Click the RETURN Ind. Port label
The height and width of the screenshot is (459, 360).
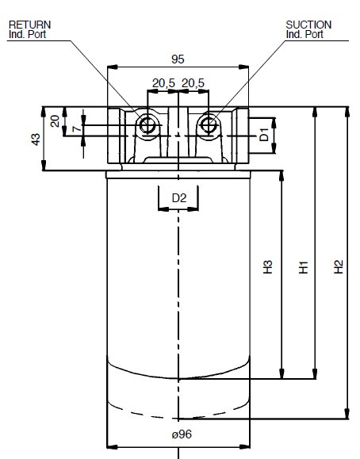pyautogui.click(x=29, y=29)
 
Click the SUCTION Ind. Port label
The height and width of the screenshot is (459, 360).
pyautogui.click(x=308, y=29)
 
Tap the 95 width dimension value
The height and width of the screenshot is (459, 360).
pyautogui.click(x=178, y=59)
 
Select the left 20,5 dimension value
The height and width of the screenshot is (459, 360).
pyautogui.click(x=163, y=83)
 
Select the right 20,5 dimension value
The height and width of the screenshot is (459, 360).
pyautogui.click(x=193, y=83)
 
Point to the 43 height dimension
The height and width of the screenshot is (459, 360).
pyautogui.click(x=36, y=139)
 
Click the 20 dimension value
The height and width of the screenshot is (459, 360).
pyautogui.click(x=55, y=121)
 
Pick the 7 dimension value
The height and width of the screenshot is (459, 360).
pyautogui.click(x=76, y=128)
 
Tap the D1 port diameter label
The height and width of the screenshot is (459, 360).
pyautogui.click(x=264, y=134)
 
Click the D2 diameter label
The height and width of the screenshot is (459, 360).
pyautogui.click(x=179, y=198)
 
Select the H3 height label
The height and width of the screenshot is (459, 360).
pyautogui.click(x=267, y=266)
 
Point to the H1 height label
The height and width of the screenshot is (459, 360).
pyautogui.click(x=303, y=266)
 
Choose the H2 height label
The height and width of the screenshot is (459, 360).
pyautogui.click(x=339, y=266)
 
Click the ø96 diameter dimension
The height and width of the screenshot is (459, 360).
pyautogui.click(x=182, y=434)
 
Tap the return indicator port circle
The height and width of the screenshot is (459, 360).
pyautogui.click(x=147, y=125)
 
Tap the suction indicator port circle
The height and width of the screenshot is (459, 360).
pyautogui.click(x=209, y=125)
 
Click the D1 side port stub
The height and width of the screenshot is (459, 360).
pyautogui.click(x=262, y=136)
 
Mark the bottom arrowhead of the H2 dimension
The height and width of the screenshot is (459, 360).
pyautogui.click(x=347, y=414)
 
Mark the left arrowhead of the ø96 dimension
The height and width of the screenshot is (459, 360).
pyautogui.click(x=112, y=446)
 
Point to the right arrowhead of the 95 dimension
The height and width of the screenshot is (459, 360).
pyautogui.click(x=243, y=67)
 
